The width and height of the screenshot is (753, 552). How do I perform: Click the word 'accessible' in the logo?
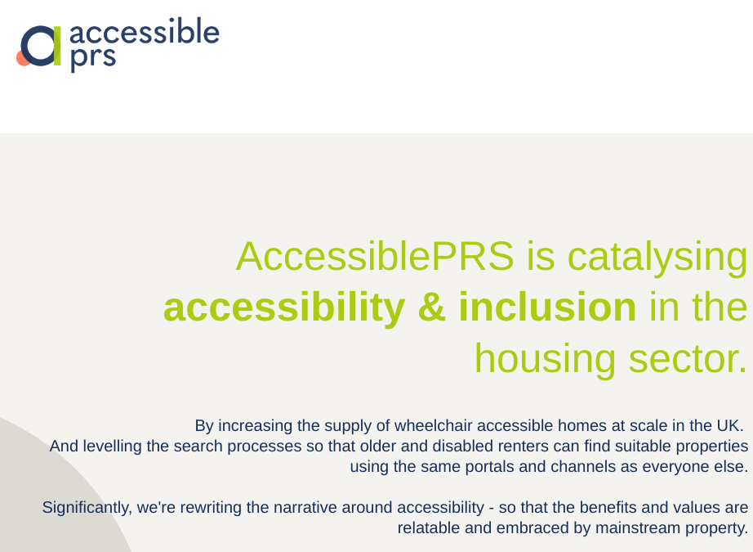coord(145,33)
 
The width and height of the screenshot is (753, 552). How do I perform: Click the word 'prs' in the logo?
coord(93,58)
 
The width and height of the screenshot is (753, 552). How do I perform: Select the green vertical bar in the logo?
coord(57,46)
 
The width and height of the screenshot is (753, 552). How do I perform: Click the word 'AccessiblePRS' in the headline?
coord(375,257)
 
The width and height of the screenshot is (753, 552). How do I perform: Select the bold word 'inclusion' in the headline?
coord(546,307)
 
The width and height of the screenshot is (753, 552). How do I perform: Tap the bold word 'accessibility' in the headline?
coord(283,307)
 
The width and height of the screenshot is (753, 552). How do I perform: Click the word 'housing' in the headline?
coord(545,358)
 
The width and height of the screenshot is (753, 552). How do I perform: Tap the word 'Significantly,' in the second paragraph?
coord(87,507)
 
